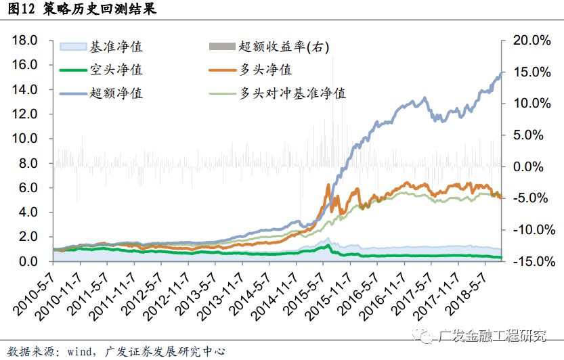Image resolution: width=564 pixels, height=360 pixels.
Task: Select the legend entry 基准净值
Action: tap(116, 47)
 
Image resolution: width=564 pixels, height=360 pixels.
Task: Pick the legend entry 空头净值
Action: tap(116, 70)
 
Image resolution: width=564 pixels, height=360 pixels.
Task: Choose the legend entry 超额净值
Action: tap(116, 93)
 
